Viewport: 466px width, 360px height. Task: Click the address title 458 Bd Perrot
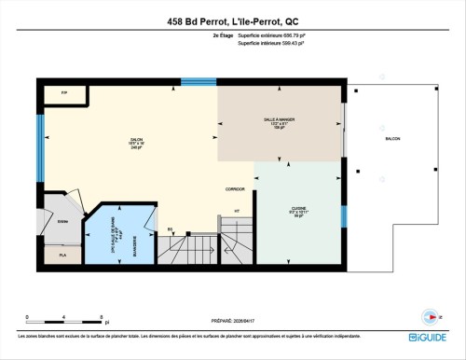[x=233, y=20]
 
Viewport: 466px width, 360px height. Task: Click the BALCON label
[x=392, y=139]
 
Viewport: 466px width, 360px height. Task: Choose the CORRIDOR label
[x=235, y=188]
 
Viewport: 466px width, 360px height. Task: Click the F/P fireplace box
[x=64, y=94]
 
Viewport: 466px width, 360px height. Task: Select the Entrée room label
[x=62, y=221]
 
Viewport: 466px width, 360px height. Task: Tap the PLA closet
[x=63, y=255]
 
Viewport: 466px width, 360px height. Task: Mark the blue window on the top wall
[x=198, y=81]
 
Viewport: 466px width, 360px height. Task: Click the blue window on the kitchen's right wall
[x=344, y=215]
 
